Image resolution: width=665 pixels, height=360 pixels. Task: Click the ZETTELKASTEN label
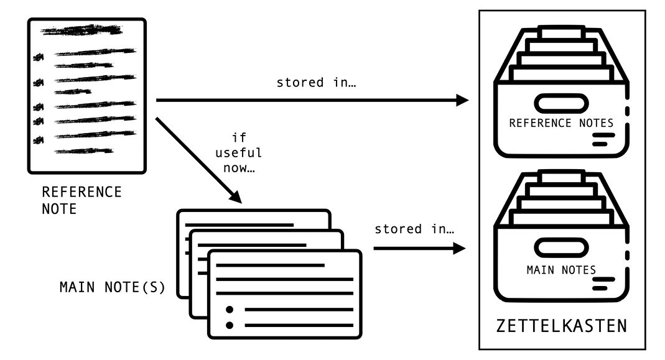point(561,326)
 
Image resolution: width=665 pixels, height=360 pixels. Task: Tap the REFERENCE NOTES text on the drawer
point(561,123)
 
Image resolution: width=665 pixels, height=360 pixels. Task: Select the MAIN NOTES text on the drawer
point(561,270)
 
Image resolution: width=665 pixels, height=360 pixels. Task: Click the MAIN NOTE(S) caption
point(112,287)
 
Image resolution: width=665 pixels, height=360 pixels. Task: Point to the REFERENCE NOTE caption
point(81,200)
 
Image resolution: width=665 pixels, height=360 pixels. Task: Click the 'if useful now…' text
point(238,153)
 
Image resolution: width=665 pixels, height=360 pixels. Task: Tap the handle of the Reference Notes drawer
point(561,103)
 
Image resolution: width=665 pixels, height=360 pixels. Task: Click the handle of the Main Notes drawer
point(561,249)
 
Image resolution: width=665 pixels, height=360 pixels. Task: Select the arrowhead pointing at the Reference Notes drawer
point(461,99)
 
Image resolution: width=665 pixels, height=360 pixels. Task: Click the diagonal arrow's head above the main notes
point(236,196)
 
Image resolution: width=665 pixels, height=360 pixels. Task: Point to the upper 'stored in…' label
point(309,83)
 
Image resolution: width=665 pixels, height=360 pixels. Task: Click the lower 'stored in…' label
point(414,229)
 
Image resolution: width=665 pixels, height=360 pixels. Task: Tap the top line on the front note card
point(269,265)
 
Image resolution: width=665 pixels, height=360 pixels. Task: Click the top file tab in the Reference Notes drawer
point(561,31)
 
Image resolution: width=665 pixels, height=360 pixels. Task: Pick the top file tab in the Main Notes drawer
point(561,178)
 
